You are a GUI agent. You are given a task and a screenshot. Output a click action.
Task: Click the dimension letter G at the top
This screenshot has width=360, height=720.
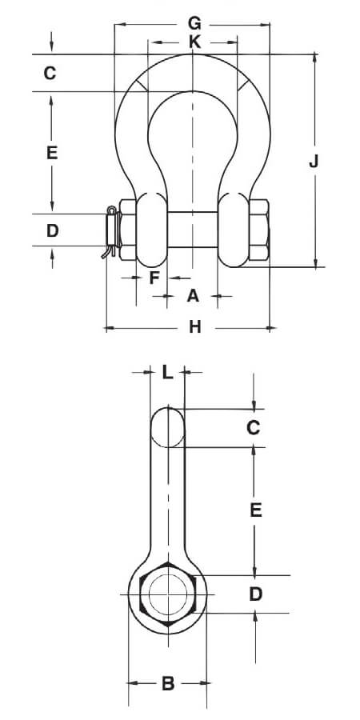tap(194, 22)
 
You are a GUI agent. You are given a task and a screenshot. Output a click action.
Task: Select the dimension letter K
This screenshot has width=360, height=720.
tap(194, 42)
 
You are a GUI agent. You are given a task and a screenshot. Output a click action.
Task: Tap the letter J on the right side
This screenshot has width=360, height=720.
tap(314, 162)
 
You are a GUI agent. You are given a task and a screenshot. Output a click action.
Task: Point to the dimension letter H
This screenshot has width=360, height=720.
tap(195, 327)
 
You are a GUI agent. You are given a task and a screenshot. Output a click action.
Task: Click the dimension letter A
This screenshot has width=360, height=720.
tap(193, 296)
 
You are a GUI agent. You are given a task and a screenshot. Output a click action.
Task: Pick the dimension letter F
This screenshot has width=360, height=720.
tap(154, 278)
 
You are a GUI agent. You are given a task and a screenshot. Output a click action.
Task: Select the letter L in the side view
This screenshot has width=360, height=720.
tap(168, 372)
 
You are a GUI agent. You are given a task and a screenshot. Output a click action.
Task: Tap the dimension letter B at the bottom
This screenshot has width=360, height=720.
tap(168, 683)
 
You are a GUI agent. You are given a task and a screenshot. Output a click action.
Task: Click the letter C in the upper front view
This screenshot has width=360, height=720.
tap(50, 73)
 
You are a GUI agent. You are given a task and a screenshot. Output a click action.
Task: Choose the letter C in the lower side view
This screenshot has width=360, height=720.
tap(254, 428)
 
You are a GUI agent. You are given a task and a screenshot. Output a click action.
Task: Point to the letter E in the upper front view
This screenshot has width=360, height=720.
tap(52, 153)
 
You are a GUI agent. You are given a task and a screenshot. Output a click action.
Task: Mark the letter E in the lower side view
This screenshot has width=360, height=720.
tap(256, 510)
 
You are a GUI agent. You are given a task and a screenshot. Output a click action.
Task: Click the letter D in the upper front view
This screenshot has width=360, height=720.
tap(53, 230)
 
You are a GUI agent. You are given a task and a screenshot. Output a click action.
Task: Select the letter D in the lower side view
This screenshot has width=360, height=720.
tap(255, 594)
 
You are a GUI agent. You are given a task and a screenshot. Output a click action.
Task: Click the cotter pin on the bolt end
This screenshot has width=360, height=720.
tap(110, 231)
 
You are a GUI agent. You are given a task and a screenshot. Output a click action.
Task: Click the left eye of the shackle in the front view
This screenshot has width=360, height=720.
tap(152, 230)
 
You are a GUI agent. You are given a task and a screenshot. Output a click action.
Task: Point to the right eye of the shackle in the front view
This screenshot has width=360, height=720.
tap(234, 230)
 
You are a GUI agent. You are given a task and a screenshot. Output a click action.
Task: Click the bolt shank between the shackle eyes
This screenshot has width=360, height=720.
tap(192, 230)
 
